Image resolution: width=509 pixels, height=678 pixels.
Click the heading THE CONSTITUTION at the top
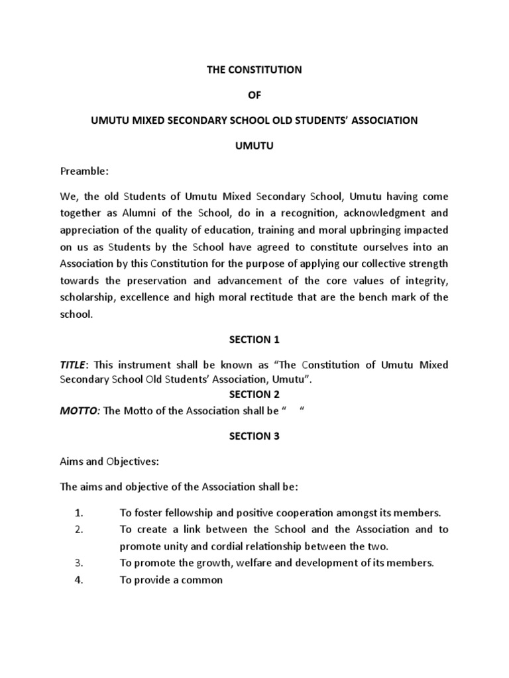[x=254, y=70]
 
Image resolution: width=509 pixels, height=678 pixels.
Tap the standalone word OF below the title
[x=254, y=95]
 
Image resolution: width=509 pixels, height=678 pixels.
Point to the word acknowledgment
[x=368, y=213]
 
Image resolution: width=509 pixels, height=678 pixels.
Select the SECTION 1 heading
[x=254, y=340]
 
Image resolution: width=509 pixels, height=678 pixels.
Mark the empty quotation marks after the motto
[x=292, y=411]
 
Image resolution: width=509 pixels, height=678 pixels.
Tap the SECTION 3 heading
[x=254, y=436]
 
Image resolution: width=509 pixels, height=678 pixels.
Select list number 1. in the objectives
[x=78, y=512]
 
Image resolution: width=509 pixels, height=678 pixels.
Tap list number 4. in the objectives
[x=78, y=580]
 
